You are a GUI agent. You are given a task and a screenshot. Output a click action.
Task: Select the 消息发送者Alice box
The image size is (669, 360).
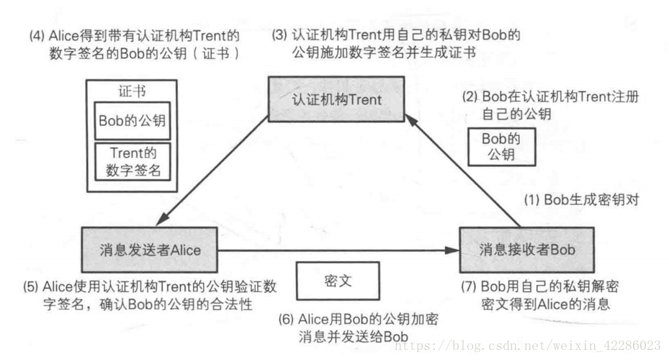click(150, 249)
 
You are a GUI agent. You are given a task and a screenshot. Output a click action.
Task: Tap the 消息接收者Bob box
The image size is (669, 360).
click(526, 249)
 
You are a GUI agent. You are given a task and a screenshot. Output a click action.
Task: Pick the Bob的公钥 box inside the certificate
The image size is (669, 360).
click(133, 120)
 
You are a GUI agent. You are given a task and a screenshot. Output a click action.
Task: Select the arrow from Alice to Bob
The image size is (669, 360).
click(338, 250)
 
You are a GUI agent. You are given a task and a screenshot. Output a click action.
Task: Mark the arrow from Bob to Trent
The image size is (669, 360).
click(468, 172)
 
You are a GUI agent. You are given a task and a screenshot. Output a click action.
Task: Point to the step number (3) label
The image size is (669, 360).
click(279, 35)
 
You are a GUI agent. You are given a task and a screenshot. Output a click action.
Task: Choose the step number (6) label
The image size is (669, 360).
click(287, 318)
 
